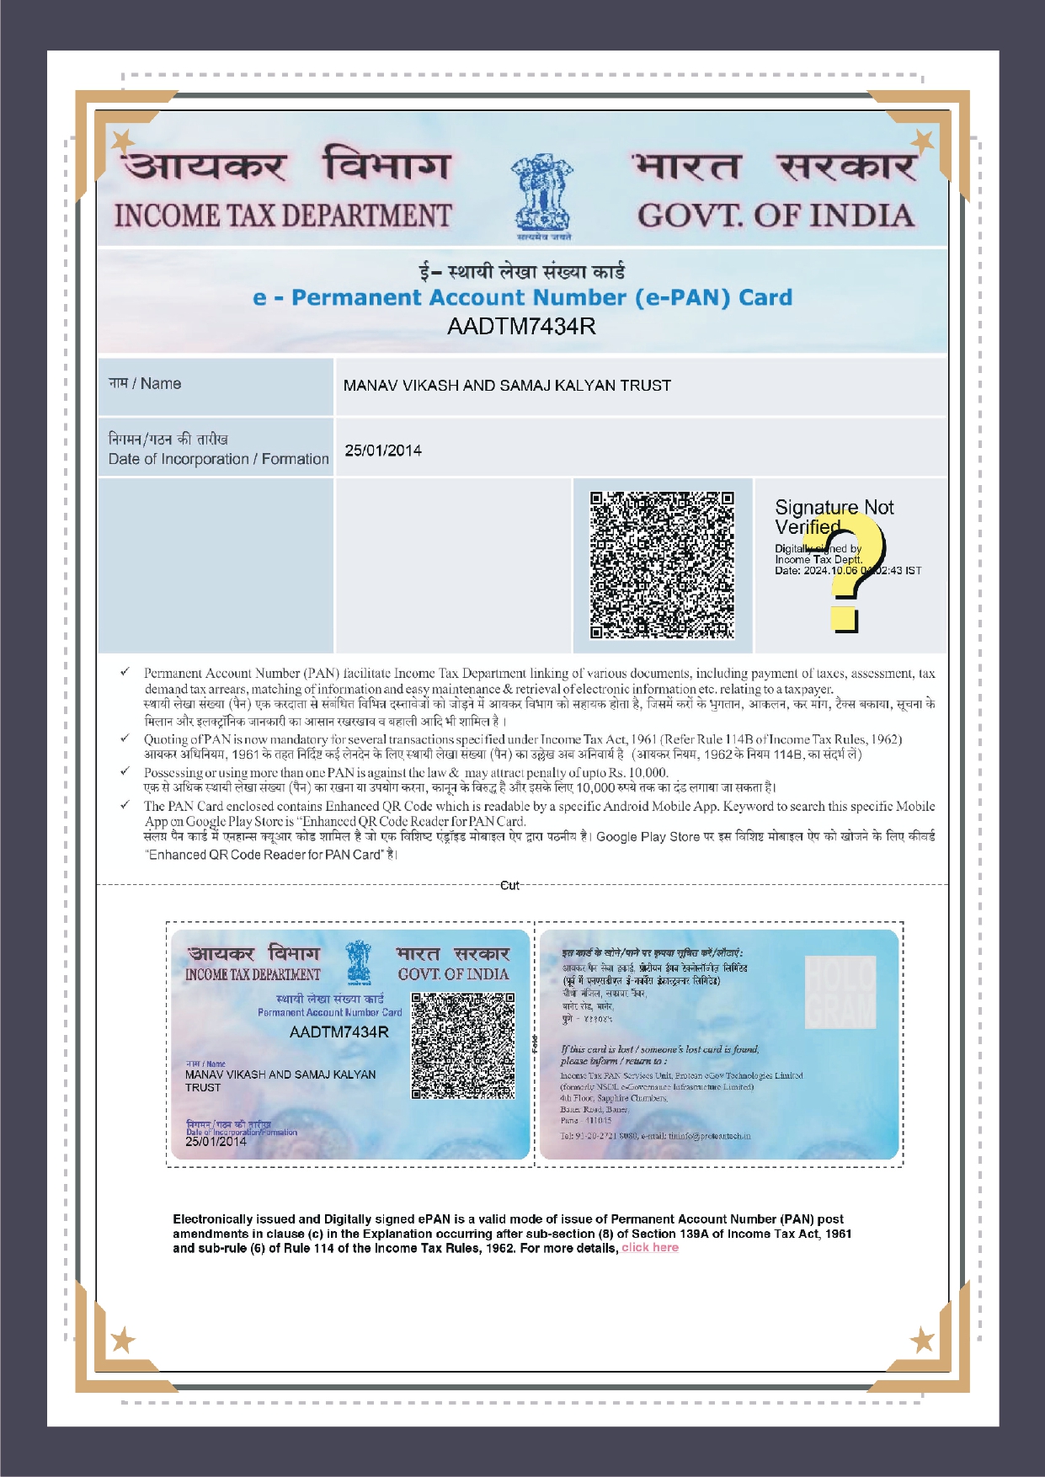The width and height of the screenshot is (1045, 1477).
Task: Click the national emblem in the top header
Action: [x=541, y=195]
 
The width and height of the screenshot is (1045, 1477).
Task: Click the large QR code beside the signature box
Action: [x=662, y=565]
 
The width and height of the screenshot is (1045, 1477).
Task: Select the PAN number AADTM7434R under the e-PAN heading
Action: [x=521, y=327]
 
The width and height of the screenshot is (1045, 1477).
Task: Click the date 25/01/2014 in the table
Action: [x=383, y=451]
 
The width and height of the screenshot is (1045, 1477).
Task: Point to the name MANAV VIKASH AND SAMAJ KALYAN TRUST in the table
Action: [x=507, y=386]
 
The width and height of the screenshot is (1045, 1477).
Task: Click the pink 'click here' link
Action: [x=650, y=1248]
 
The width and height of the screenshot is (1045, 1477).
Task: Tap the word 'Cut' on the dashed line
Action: [x=509, y=885]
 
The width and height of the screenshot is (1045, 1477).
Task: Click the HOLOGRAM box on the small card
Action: [x=840, y=991]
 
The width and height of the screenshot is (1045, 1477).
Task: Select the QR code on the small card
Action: [x=462, y=1046]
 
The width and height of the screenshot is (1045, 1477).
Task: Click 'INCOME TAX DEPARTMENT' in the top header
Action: [x=283, y=216]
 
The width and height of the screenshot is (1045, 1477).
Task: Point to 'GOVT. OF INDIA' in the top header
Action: [x=776, y=216]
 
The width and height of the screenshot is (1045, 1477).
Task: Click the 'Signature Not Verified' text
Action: [x=833, y=516]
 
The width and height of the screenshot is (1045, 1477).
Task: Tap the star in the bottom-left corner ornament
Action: [x=123, y=1339]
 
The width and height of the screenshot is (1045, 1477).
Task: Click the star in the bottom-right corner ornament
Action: [x=923, y=1340]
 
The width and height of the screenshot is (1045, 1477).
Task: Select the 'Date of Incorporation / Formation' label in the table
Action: [x=218, y=459]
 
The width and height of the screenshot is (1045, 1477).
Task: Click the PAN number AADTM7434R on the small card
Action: [x=339, y=1032]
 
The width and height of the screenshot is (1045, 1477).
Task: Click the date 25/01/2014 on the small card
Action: [x=216, y=1142]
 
